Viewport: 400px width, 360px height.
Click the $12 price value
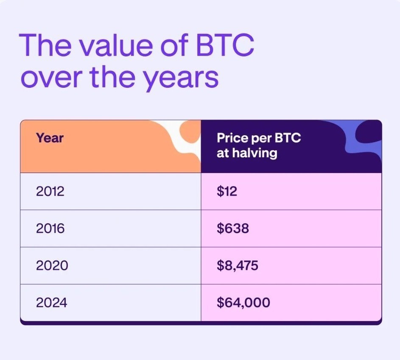click(x=227, y=191)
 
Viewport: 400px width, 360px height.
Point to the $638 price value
click(x=232, y=228)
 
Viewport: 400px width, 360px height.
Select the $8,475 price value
click(x=238, y=265)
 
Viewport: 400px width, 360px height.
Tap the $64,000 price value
click(x=243, y=303)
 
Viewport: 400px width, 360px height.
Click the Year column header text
click(x=50, y=138)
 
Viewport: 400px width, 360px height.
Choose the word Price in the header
click(x=232, y=138)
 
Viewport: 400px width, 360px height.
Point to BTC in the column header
click(x=288, y=138)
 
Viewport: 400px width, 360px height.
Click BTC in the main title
click(x=225, y=45)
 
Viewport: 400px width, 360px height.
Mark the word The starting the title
click(x=45, y=45)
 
